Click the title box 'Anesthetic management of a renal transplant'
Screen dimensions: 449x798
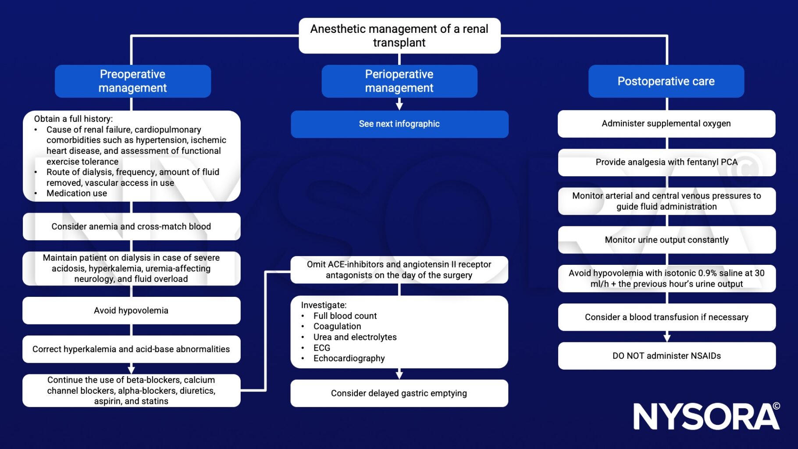tap(399, 36)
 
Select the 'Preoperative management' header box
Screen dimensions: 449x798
tap(132, 81)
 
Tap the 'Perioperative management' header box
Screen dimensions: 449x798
tap(399, 81)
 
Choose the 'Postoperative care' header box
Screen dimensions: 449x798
tap(666, 81)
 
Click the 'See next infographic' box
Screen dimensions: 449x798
tap(399, 124)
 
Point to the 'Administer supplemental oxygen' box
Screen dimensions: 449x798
tap(666, 124)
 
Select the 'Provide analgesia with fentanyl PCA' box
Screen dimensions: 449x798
tap(666, 162)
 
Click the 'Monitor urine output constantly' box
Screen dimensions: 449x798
tap(666, 240)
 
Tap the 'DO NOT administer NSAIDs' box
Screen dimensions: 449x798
tap(666, 356)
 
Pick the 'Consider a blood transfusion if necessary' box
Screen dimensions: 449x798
tap(666, 317)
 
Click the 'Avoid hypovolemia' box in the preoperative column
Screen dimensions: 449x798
tap(131, 310)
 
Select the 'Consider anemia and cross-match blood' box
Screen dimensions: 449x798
tap(131, 227)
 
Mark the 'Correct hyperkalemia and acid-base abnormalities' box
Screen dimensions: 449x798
tap(131, 349)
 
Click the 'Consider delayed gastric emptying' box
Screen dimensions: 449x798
tap(399, 393)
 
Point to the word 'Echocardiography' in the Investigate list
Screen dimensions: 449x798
tap(349, 358)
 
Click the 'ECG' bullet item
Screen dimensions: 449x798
tap(322, 348)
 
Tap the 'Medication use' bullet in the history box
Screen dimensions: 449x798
tap(77, 193)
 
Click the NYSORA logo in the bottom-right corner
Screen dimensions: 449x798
tap(706, 416)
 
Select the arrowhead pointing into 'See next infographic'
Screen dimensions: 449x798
tap(399, 106)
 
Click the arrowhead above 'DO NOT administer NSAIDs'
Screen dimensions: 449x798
tap(667, 338)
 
